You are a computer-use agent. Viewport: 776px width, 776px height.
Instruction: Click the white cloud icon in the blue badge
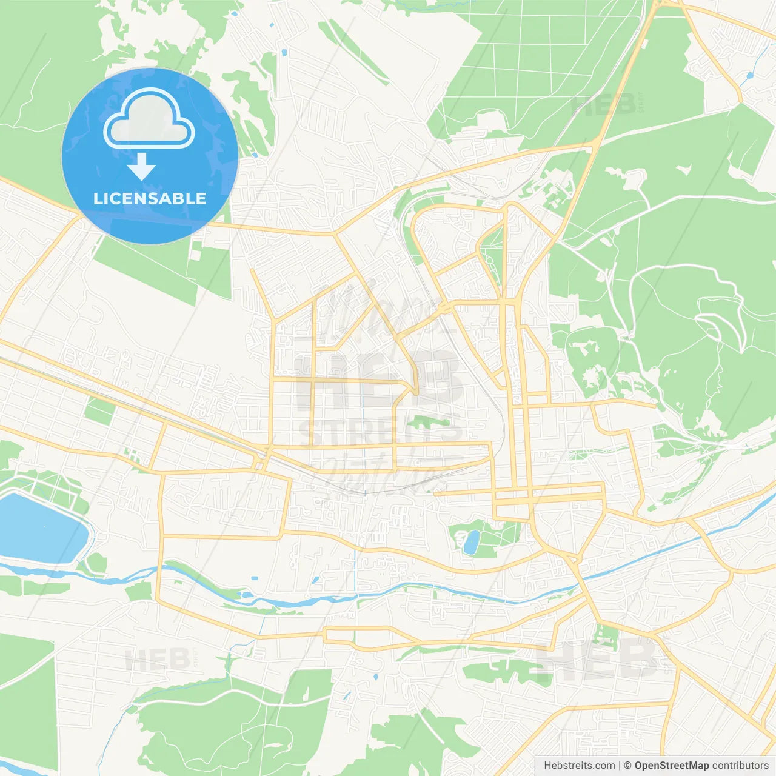click(149, 119)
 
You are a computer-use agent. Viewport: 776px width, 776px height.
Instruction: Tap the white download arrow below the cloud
click(141, 167)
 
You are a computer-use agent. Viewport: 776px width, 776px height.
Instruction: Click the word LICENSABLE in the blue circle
click(150, 198)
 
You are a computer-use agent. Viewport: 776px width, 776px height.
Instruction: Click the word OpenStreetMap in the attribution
click(671, 766)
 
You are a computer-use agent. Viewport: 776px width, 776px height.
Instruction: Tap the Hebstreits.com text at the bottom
click(579, 766)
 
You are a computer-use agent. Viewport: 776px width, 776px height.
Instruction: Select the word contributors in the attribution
click(740, 766)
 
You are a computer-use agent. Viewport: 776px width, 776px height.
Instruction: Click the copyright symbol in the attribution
click(628, 766)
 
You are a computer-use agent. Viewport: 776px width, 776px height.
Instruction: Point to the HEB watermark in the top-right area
click(603, 104)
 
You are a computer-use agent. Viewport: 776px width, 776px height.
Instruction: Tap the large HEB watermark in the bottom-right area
click(597, 659)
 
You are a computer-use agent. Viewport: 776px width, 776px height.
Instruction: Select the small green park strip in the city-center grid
click(428, 421)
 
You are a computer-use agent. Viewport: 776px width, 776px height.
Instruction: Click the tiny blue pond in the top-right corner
click(750, 76)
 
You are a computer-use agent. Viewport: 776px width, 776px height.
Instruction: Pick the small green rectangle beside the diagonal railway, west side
click(100, 410)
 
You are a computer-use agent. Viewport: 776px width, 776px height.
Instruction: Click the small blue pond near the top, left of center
click(284, 53)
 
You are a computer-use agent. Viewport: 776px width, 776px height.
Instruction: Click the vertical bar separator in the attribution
click(620, 766)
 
